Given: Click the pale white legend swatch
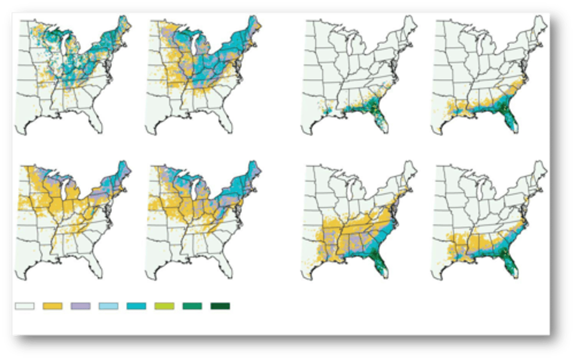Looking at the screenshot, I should pos(25,306).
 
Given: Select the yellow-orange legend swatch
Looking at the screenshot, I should pos(53,306).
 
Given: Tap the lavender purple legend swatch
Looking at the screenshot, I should pos(81,306).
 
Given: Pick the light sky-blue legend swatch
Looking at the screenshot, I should pos(109,306).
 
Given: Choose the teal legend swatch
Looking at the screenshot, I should pos(137,306).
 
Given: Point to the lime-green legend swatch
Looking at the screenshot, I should pos(165,306).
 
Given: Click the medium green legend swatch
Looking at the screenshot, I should pos(192,306).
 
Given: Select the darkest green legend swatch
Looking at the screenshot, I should pos(220,306).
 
